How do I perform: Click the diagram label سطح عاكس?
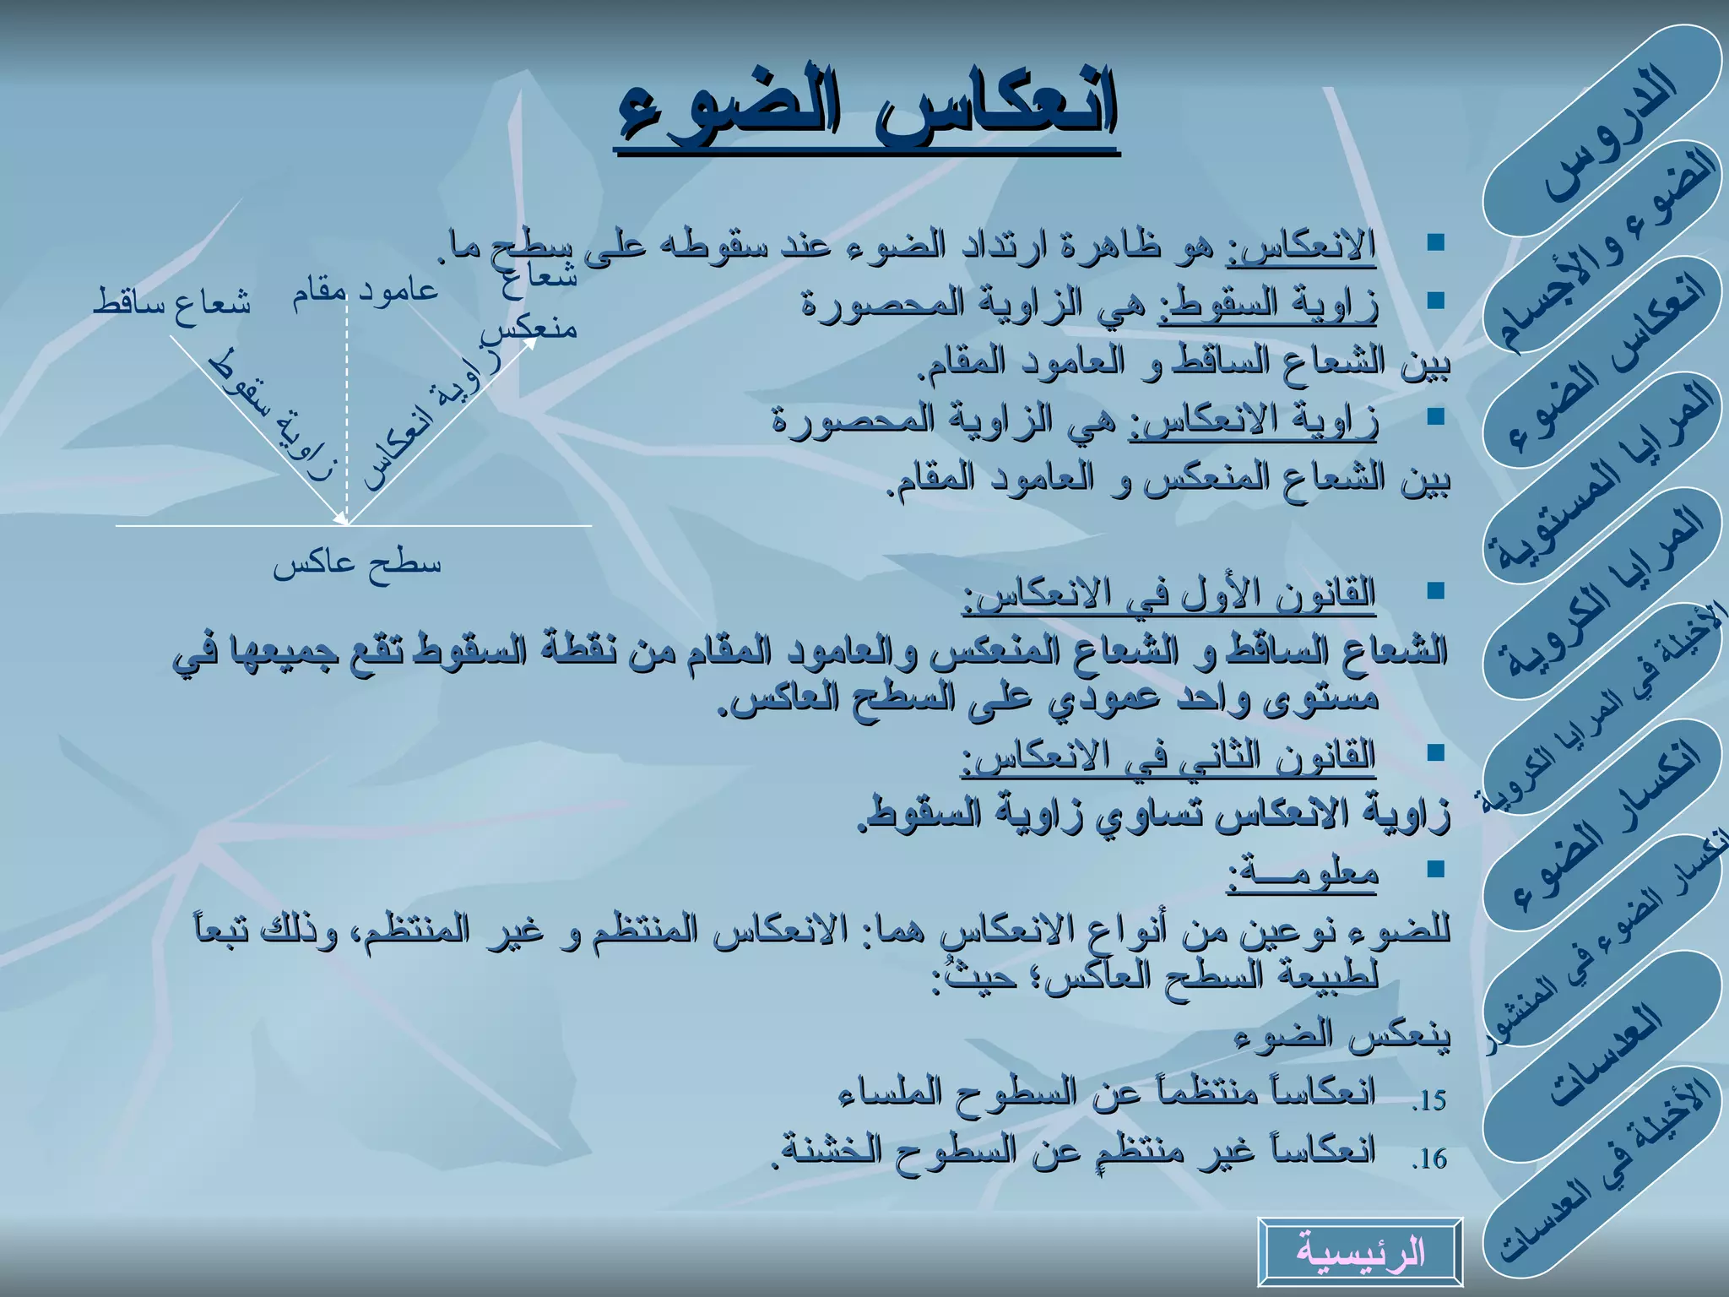356,564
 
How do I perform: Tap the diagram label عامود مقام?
366,290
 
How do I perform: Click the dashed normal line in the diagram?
346,405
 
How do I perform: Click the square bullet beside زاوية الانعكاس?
1434,415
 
